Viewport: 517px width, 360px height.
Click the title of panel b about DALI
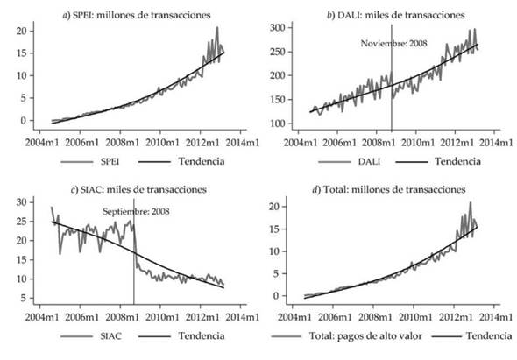(x=395, y=15)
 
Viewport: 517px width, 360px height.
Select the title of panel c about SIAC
(x=141, y=189)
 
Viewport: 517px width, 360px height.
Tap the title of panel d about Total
(x=395, y=189)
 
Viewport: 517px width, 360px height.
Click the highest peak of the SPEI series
(x=216, y=28)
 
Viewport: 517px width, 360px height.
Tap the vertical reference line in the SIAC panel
(x=134, y=263)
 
